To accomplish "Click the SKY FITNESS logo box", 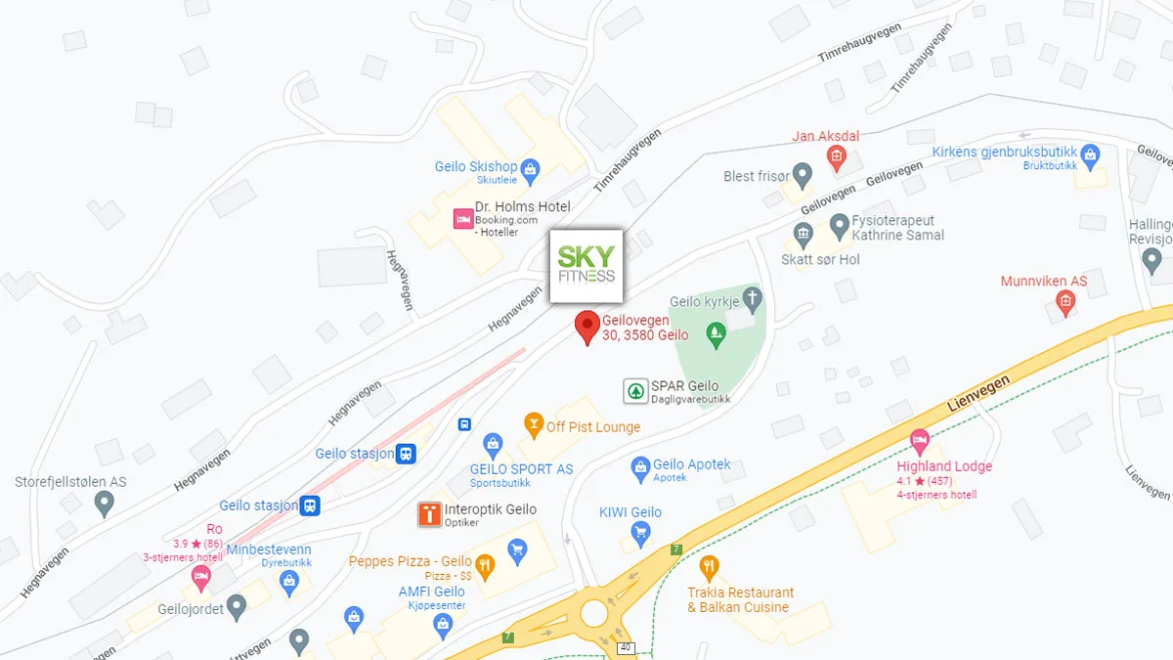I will point(586,266).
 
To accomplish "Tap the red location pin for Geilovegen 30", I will point(586,326).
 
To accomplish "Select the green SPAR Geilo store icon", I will point(635,391).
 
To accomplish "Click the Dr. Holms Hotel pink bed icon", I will point(462,219).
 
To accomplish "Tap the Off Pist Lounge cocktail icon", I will point(533,424).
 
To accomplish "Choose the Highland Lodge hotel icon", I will point(919,441).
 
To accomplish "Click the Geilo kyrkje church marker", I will point(752,297).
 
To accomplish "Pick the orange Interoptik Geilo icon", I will point(429,514).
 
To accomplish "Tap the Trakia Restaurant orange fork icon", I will point(709,567).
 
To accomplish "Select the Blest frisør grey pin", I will point(803,176).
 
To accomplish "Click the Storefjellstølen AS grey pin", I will point(105,504).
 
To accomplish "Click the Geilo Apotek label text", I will point(692,464).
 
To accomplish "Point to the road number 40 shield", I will point(625,647).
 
